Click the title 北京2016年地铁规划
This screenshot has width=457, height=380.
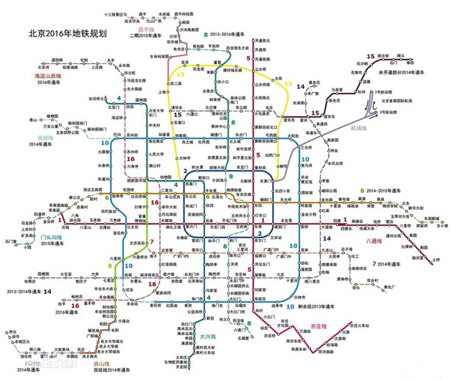pyautogui.click(x=67, y=32)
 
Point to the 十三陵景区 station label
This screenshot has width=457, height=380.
pyautogui.click(x=115, y=14)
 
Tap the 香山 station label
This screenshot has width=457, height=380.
pyautogui.click(x=33, y=119)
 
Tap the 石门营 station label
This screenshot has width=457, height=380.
pyautogui.click(x=10, y=240)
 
